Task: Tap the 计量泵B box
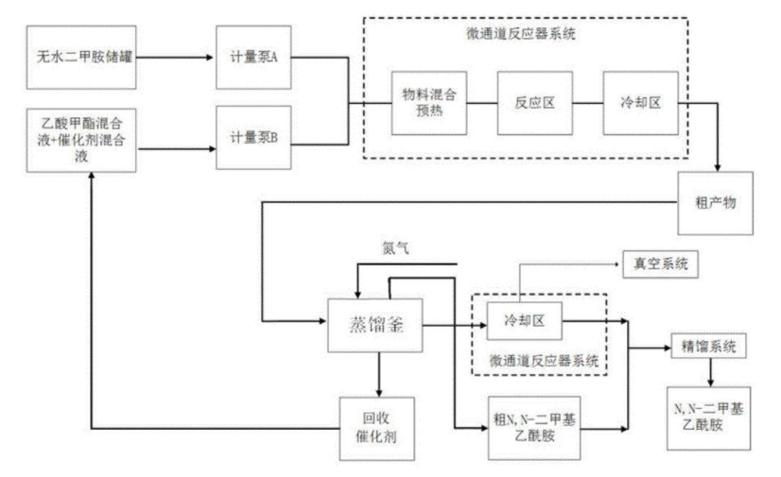(x=252, y=138)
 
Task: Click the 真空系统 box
(x=658, y=265)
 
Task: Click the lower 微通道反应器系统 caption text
(x=537, y=359)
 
